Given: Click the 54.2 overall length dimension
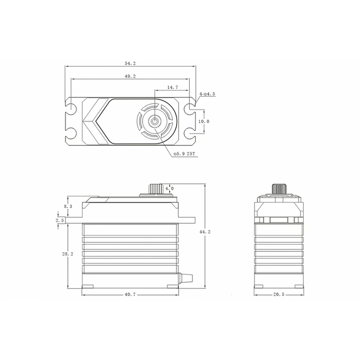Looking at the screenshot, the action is (130, 63).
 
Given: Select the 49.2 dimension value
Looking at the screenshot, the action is (130, 76).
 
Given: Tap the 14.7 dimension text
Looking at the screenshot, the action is (172, 87).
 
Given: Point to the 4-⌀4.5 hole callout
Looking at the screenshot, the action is (207, 94).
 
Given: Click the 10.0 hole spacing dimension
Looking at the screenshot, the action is (204, 121).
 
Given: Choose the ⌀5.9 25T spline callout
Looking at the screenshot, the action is (184, 154).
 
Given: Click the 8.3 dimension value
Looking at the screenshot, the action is (68, 207).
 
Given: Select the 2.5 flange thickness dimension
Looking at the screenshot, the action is (59, 220).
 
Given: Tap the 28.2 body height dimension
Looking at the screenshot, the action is (67, 254).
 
